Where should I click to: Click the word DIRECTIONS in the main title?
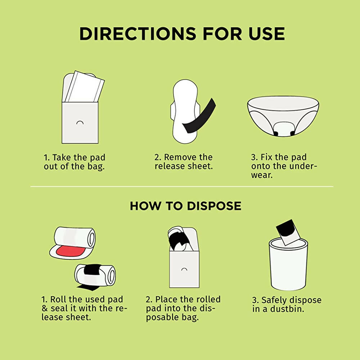(x=138, y=34)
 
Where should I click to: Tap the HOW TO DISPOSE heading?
(x=185, y=206)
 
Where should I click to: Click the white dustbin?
(x=288, y=264)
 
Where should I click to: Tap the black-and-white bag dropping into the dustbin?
(x=288, y=232)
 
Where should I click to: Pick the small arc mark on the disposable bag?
(x=184, y=269)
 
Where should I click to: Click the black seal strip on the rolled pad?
(x=92, y=269)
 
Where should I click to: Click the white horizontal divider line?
(x=181, y=186)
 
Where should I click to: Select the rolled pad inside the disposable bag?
(x=179, y=239)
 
